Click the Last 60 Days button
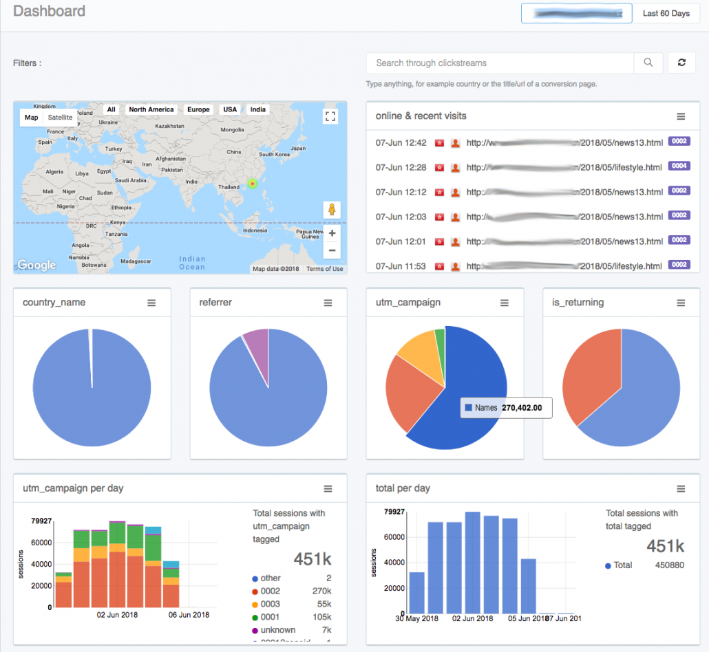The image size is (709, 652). point(666,14)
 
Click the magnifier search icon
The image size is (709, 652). point(648,63)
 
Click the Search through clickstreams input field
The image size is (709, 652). point(500,63)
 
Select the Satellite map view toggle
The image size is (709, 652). point(60,118)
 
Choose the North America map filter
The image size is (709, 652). point(151,109)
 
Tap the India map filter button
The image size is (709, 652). point(258,109)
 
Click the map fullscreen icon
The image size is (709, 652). point(330,116)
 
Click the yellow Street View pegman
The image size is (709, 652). point(331,210)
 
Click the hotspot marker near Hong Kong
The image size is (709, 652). point(252,184)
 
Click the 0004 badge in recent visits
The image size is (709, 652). point(679,166)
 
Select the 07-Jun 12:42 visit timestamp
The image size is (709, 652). point(401,143)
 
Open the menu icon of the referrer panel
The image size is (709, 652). point(328,303)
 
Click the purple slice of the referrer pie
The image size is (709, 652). point(257,341)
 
